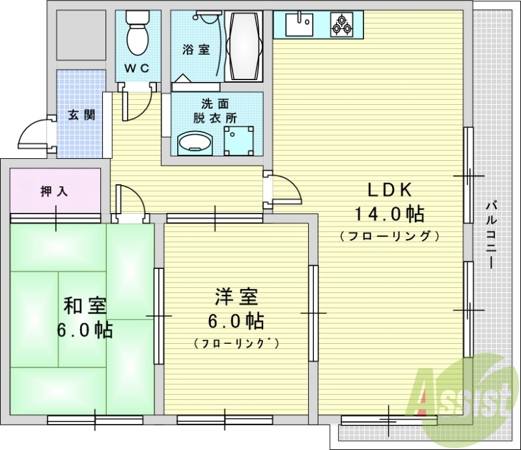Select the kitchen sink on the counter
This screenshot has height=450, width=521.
click(x=300, y=25)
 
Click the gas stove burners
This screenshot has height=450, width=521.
click(x=341, y=25)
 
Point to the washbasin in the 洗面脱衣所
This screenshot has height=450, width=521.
click(x=195, y=143)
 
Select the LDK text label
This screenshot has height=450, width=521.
click(x=389, y=190)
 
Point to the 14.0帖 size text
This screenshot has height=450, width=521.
click(x=389, y=213)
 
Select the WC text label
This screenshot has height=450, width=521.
click(x=137, y=68)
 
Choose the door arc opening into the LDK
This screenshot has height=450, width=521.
click(x=287, y=190)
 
